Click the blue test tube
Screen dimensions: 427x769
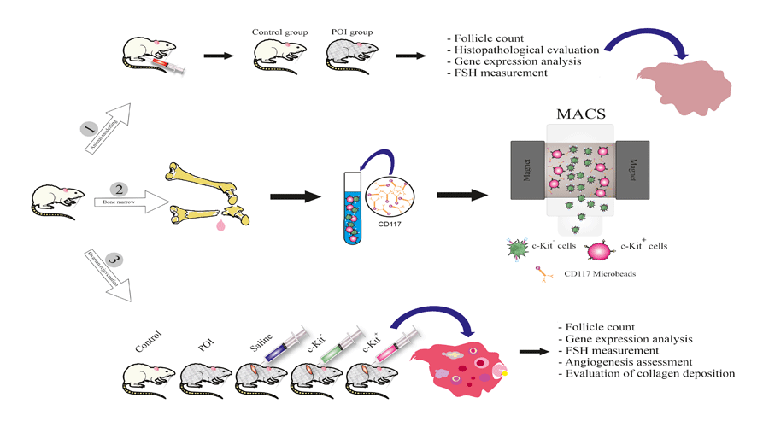[353, 213]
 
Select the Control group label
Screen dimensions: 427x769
[273, 32]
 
